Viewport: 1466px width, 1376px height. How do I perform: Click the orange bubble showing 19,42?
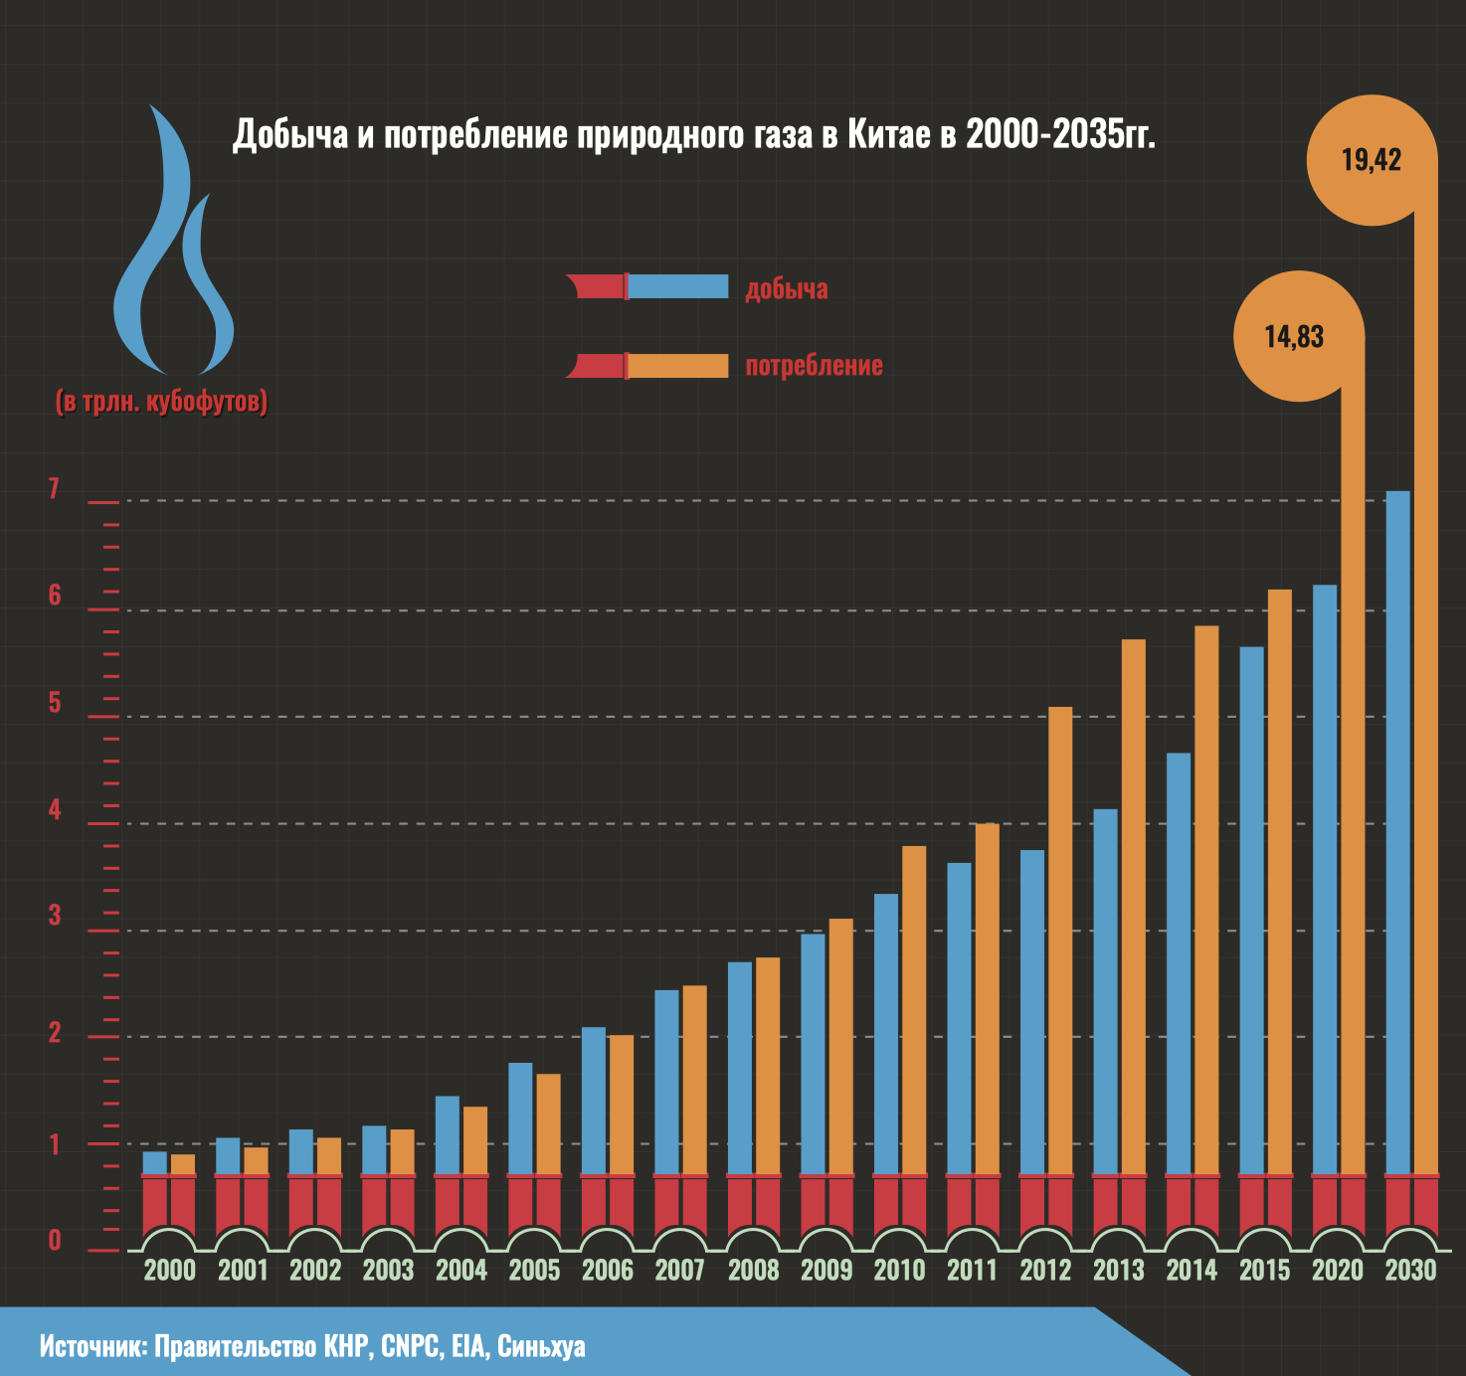pos(1372,159)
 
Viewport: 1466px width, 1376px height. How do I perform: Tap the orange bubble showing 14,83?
pos(1295,336)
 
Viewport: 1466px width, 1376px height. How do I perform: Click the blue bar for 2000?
pos(155,1163)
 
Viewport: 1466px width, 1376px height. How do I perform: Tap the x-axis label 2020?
pos(1338,1270)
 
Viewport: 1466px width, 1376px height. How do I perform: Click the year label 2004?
pos(461,1270)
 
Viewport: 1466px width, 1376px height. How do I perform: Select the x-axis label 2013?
pos(1119,1270)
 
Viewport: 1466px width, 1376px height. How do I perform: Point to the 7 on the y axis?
pos(54,489)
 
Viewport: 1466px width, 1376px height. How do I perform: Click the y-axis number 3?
pos(55,916)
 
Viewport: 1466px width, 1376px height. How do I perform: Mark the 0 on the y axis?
pos(55,1240)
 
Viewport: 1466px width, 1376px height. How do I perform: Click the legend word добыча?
pos(787,289)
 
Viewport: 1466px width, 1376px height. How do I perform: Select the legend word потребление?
pos(814,365)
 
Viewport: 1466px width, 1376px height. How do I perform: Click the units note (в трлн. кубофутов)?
pos(161,402)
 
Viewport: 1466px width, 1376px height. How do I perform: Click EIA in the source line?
pos(467,1347)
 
